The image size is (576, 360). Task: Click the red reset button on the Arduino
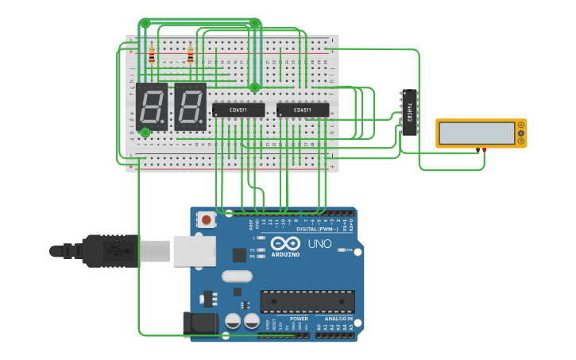coord(207,219)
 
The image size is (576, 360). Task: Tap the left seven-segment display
coord(152,106)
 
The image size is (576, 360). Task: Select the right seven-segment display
coord(190,106)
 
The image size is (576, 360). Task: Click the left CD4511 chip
coord(238,110)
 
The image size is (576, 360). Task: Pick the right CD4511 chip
coord(302,110)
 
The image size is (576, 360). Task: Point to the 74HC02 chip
coord(409,111)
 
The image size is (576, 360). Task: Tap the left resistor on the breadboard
coord(152,56)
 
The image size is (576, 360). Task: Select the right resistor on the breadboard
coord(190,56)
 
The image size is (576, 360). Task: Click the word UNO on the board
coord(319,244)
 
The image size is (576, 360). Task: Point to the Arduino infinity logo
coord(285,244)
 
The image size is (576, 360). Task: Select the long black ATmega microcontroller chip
coord(307,301)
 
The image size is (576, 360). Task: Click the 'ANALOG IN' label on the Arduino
coord(338,319)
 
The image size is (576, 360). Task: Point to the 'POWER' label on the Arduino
coord(298,319)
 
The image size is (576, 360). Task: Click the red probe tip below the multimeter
coord(485,149)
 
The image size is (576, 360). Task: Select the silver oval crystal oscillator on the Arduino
coord(236,277)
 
